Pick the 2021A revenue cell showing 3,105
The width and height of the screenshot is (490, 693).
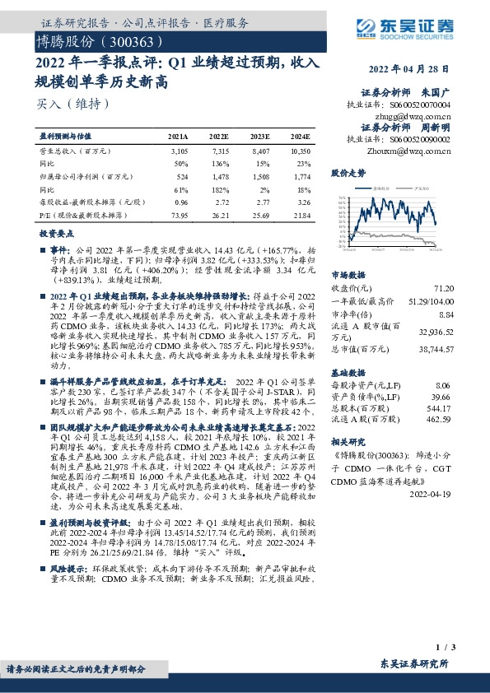coord(179,152)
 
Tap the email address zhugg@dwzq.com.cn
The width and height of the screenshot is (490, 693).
coord(418,116)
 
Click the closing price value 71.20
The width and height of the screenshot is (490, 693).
coord(444,288)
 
